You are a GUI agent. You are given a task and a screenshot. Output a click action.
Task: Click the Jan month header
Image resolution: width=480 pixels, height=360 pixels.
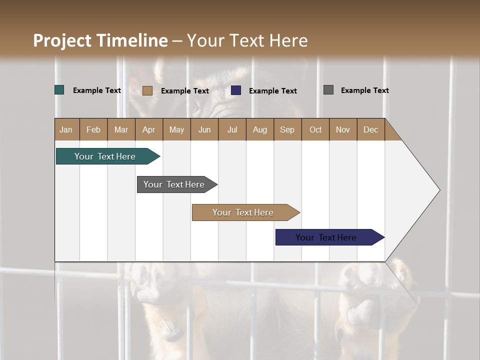(66, 129)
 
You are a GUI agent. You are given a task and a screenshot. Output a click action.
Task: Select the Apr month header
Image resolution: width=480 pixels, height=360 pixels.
(149, 129)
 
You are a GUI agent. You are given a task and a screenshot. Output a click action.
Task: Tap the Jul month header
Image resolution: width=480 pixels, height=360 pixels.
(232, 129)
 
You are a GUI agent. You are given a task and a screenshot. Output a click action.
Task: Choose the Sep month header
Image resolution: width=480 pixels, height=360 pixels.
(287, 129)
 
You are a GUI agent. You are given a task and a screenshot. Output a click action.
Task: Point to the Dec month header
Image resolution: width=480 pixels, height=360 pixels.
(370, 129)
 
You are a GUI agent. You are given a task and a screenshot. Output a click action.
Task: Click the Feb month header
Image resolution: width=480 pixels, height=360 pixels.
(93, 129)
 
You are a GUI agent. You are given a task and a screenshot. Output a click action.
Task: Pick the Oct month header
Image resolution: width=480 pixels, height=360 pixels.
(315, 129)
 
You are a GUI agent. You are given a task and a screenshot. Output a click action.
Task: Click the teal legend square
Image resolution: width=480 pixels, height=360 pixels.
(59, 90)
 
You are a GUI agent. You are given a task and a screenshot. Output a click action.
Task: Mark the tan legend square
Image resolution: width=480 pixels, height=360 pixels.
(147, 90)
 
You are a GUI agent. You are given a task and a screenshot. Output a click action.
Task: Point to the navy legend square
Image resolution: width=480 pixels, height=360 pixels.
(236, 90)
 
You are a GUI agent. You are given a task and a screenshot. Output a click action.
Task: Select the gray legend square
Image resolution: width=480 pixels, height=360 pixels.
(328, 90)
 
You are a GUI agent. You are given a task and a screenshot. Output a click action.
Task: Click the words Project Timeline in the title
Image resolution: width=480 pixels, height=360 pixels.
(100, 40)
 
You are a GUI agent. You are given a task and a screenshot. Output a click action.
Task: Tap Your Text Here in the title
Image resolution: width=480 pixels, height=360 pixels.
(247, 40)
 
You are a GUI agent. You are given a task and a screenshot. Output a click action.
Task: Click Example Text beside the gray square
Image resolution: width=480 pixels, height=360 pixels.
(364, 90)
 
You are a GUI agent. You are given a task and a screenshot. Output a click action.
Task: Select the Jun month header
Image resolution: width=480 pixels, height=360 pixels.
(204, 129)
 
